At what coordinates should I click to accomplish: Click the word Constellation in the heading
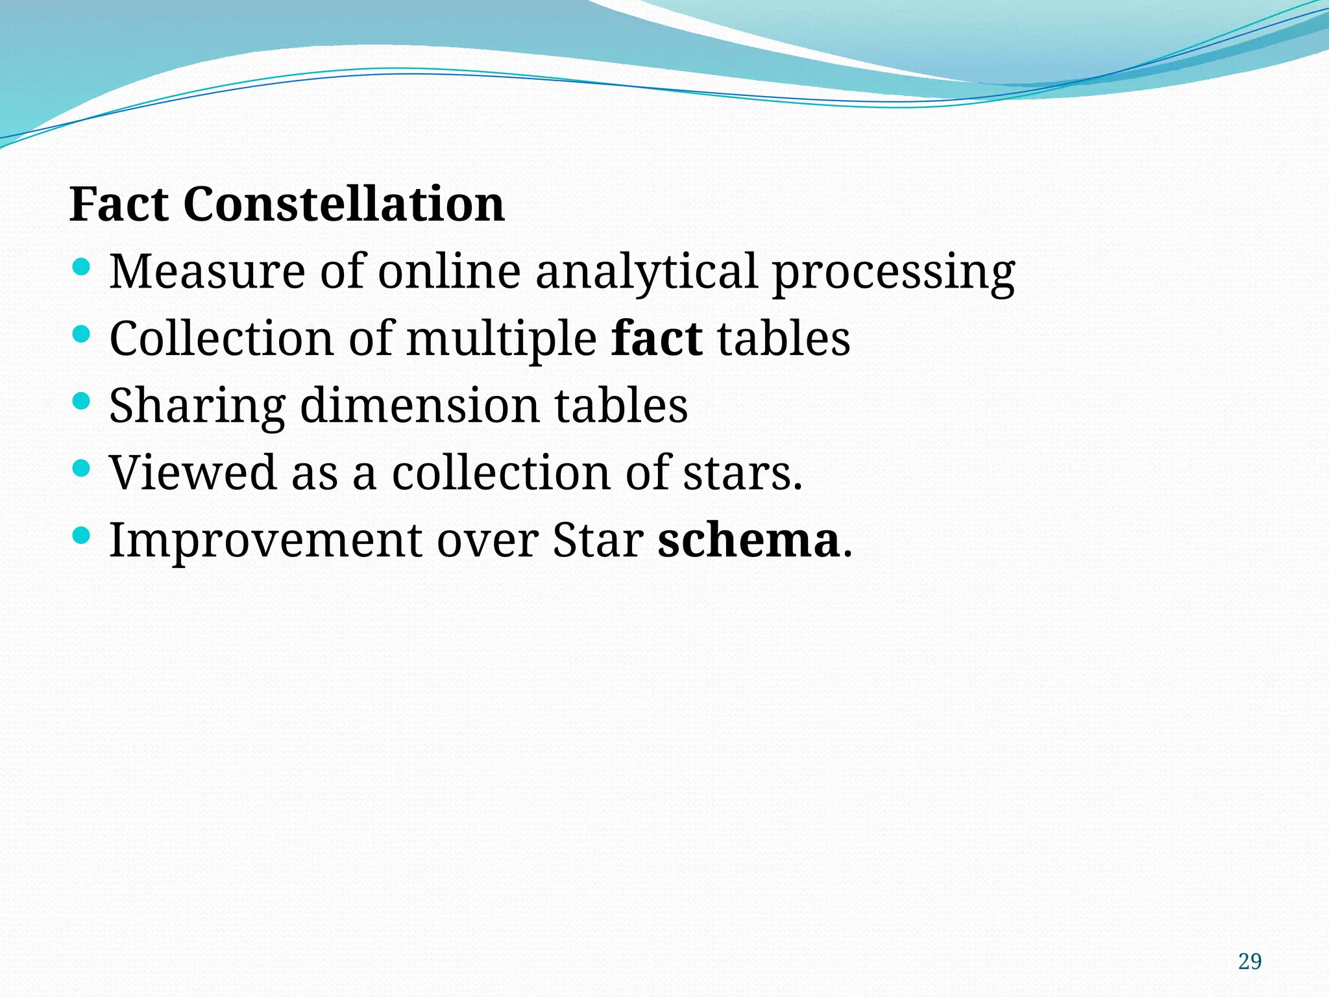click(x=344, y=204)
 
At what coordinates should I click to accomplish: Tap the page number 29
click(x=1249, y=961)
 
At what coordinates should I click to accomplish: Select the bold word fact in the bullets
click(x=657, y=338)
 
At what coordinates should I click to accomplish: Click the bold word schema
click(x=749, y=540)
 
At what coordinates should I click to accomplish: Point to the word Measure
click(x=207, y=271)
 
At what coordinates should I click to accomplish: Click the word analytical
click(x=646, y=273)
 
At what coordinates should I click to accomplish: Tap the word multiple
click(x=501, y=339)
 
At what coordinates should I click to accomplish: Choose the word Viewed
click(x=193, y=473)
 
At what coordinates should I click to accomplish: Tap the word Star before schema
click(x=598, y=540)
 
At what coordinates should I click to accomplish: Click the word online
click(x=449, y=271)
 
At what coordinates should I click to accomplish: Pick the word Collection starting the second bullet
click(x=221, y=338)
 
